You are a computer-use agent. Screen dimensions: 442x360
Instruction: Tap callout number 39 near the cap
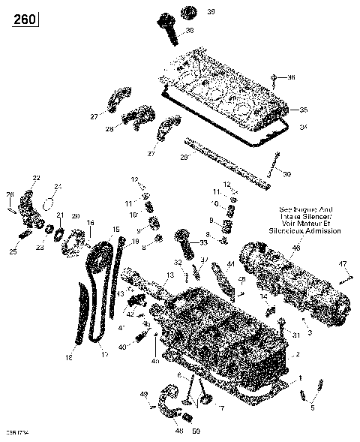click(190, 12)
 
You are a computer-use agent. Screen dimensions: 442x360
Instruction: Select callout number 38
click(189, 30)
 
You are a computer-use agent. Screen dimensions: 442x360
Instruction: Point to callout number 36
click(292, 77)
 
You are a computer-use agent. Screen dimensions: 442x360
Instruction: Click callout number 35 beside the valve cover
click(303, 110)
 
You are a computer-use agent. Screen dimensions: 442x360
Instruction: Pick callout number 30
click(286, 174)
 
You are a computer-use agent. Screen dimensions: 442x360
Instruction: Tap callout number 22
click(35, 178)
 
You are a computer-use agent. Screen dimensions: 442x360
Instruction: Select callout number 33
click(203, 242)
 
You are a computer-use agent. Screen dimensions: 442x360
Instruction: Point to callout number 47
click(343, 263)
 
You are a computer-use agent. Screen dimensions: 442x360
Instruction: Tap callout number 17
click(104, 354)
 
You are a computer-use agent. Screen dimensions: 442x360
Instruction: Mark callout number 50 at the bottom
click(196, 432)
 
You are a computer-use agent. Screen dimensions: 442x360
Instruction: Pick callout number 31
click(296, 335)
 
